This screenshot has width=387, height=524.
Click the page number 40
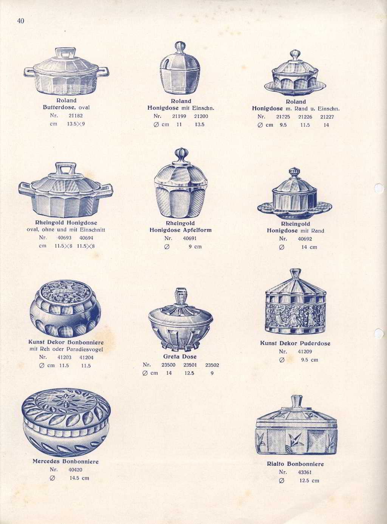pyautogui.click(x=21, y=21)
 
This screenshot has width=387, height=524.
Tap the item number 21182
pyautogui.click(x=76, y=116)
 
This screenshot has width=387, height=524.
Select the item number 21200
pyautogui.click(x=201, y=116)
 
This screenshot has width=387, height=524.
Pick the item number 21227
pyautogui.click(x=327, y=117)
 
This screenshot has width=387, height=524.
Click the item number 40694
pyautogui.click(x=86, y=238)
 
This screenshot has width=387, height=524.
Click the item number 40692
pyautogui.click(x=305, y=239)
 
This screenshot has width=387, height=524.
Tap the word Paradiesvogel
pyautogui.click(x=85, y=349)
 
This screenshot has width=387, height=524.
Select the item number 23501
pyautogui.click(x=190, y=365)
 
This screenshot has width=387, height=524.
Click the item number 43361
pyautogui.click(x=305, y=472)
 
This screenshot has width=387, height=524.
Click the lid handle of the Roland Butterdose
pyautogui.click(x=66, y=53)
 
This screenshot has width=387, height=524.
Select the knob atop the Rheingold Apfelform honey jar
pyautogui.click(x=181, y=155)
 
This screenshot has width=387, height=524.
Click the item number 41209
pyautogui.click(x=305, y=352)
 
